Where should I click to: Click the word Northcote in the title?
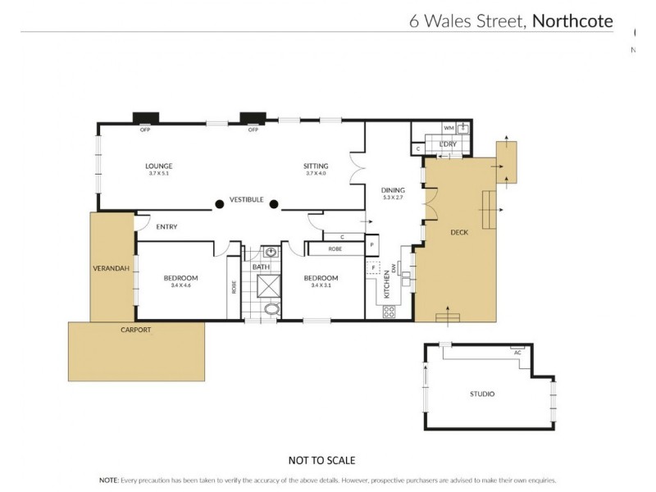(x=572, y=21)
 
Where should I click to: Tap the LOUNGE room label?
(x=160, y=166)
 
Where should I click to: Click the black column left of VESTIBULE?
(x=219, y=204)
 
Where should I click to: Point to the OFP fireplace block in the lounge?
(x=145, y=117)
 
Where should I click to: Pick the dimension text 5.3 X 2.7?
(x=394, y=198)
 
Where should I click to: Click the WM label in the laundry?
(x=449, y=129)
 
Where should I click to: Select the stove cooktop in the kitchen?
(x=389, y=312)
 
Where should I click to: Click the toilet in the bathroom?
(x=271, y=309)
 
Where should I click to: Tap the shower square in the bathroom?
(x=268, y=285)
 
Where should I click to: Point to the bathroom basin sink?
(x=271, y=253)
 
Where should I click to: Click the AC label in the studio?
(x=517, y=352)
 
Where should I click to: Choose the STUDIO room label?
(x=481, y=394)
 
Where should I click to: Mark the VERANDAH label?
(x=111, y=267)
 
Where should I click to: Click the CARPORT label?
(x=135, y=329)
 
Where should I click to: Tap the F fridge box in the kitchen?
(x=374, y=267)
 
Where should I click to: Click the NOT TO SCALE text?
(x=321, y=461)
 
